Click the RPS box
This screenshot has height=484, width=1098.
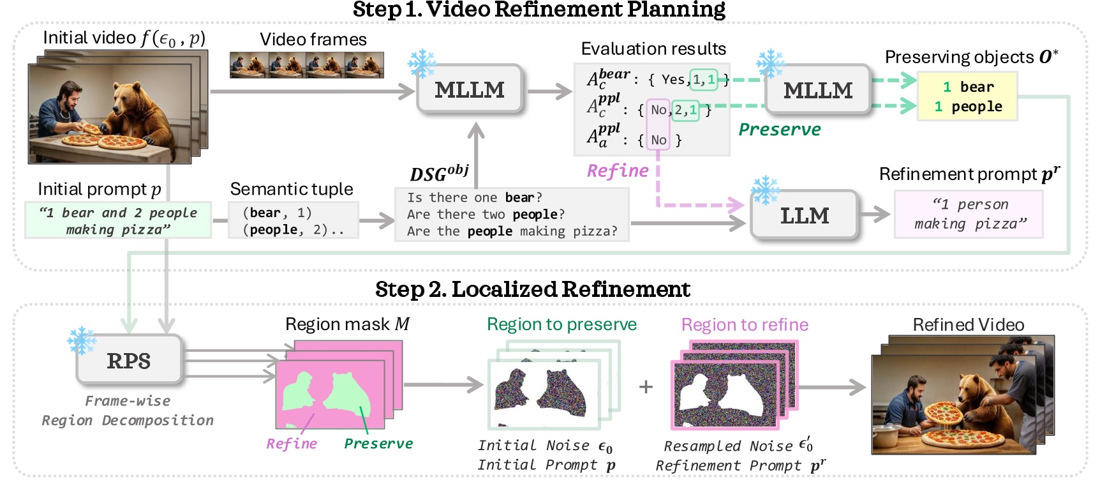click(129, 361)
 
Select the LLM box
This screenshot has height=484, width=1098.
click(804, 216)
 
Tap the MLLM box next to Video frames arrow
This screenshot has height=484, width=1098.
click(470, 90)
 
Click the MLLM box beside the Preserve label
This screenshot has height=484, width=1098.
click(818, 90)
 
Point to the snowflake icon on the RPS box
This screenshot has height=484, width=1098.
click(81, 341)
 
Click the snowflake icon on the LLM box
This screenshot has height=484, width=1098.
click(764, 190)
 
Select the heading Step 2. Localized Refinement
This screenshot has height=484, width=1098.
click(532, 289)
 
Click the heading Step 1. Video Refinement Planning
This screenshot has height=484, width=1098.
click(538, 10)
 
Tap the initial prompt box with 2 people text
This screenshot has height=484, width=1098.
click(118, 221)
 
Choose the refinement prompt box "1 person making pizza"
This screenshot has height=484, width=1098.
click(969, 215)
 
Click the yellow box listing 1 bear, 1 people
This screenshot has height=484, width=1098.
click(967, 97)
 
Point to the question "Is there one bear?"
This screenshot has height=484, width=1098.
click(475, 197)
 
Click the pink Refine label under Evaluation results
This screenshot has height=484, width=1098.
click(618, 171)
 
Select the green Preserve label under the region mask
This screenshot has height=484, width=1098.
click(378, 444)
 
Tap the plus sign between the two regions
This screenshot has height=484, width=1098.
click(646, 386)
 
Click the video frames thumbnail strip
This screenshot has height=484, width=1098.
click(307, 65)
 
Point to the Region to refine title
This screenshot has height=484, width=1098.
click(745, 325)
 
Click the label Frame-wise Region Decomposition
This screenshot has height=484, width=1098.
click(128, 411)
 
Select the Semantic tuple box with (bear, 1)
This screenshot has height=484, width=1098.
click(293, 221)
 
